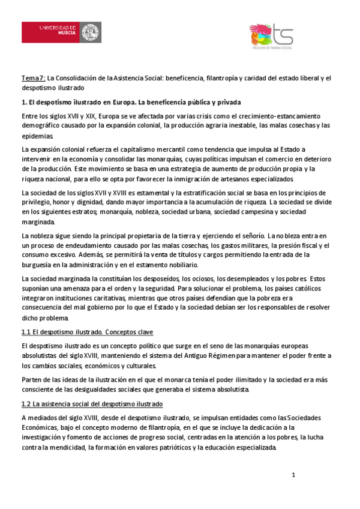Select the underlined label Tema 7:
click(33, 78)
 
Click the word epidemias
click(38, 136)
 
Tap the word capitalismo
click(163, 149)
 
